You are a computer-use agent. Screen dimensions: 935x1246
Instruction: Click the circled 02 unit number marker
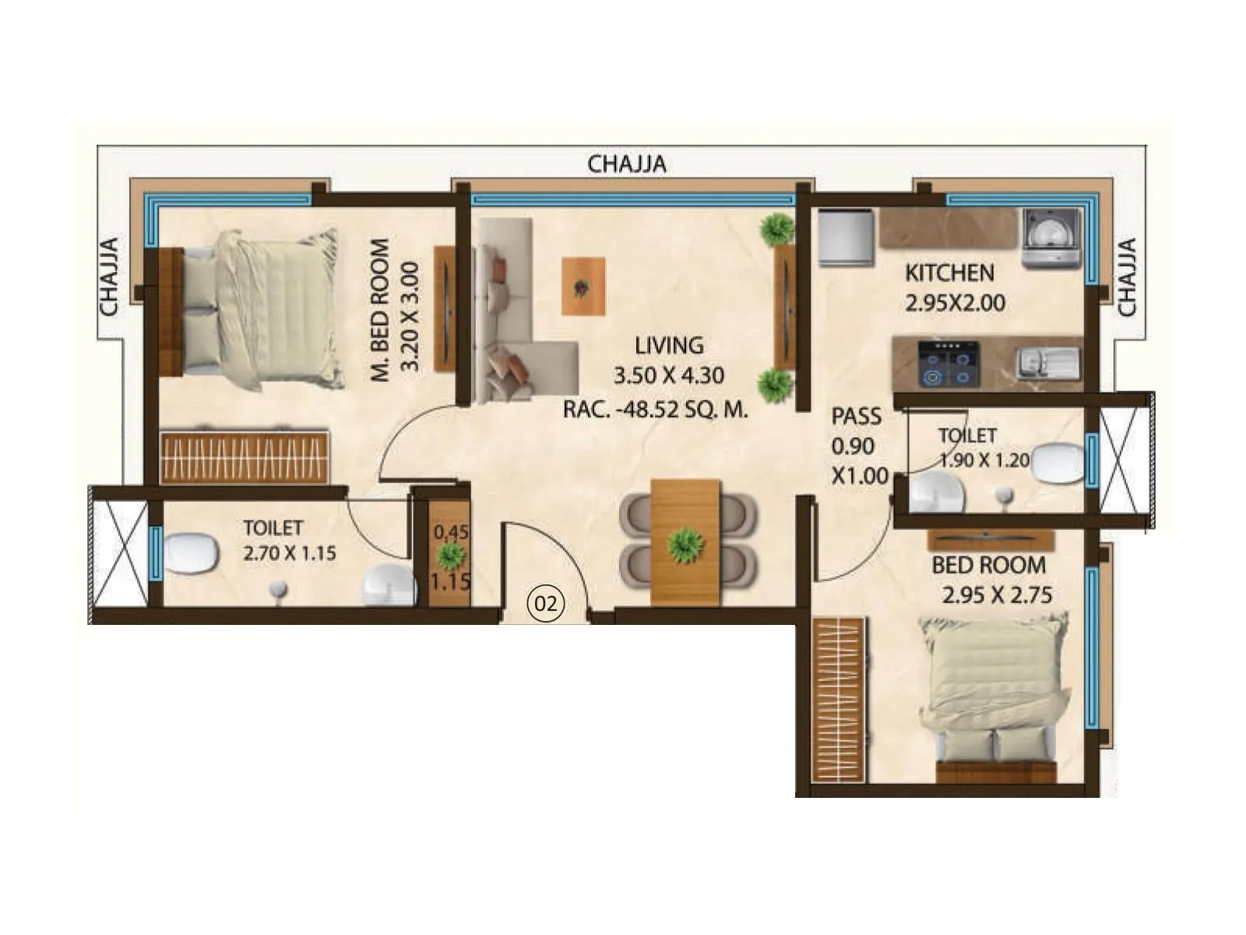546,602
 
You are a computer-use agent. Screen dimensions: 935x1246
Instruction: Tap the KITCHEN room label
949,273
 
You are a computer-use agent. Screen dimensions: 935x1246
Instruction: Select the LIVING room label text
668,345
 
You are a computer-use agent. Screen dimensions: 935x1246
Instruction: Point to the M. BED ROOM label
379,309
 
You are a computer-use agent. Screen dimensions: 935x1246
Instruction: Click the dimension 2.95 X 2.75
997,595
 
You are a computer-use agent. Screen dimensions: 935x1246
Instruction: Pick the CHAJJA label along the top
626,164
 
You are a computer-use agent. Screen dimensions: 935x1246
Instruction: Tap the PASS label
856,417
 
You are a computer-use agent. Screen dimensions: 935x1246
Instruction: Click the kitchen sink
1047,363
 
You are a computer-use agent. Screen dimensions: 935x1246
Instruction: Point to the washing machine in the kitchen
1051,238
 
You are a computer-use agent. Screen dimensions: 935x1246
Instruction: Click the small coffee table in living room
583,286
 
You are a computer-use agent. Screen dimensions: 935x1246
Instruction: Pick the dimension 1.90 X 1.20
984,460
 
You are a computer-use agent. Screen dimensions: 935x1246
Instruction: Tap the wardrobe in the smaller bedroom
839,699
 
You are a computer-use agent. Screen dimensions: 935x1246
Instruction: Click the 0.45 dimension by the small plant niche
451,532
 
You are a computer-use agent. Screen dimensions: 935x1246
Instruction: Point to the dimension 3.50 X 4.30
668,376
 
